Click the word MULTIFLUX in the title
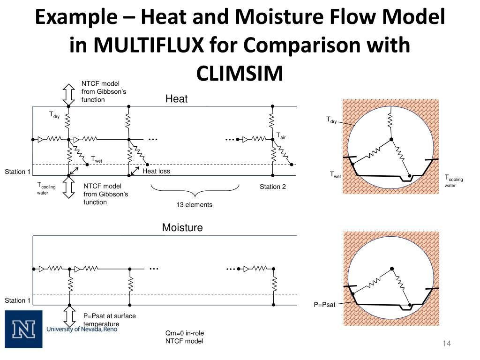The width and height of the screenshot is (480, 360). point(149,45)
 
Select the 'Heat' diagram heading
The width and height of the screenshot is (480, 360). point(176,99)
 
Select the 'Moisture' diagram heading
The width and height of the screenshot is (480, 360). point(182,228)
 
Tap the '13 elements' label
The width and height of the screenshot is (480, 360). point(194,205)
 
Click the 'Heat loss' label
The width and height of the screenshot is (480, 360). point(156,172)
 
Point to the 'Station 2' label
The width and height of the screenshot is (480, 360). point(273,187)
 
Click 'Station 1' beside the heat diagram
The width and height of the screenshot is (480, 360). point(18,172)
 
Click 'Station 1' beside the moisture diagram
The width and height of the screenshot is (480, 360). point(18,300)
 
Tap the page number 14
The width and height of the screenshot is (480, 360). point(446,345)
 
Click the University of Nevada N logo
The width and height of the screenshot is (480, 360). point(23,329)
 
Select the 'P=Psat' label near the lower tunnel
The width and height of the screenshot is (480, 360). point(325,305)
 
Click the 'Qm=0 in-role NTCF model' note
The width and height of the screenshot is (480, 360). point(184,337)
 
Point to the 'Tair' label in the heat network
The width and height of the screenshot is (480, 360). point(281,136)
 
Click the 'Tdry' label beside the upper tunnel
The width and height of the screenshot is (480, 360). point(331,120)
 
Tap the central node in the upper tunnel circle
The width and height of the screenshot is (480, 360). point(390,139)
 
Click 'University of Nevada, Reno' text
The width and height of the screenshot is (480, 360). point(82,329)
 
